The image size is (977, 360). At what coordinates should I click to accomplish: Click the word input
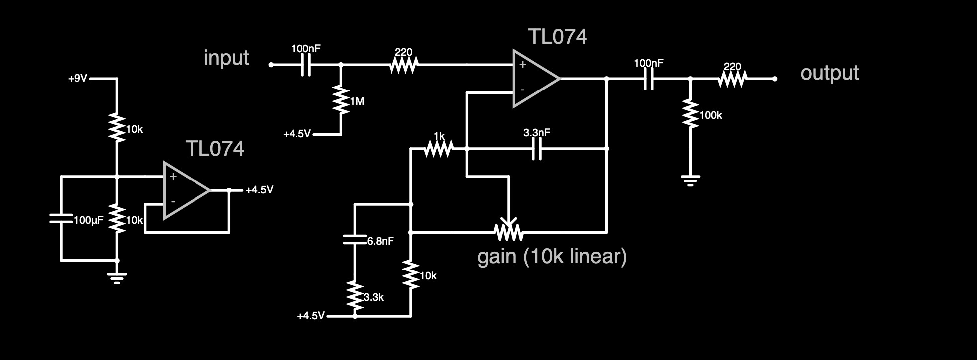click(226, 58)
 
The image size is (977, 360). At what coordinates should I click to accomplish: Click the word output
click(829, 73)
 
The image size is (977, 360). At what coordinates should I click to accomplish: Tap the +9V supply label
click(78, 78)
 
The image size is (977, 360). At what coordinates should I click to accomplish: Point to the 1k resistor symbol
click(439, 148)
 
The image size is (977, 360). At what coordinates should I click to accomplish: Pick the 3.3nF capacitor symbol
click(536, 148)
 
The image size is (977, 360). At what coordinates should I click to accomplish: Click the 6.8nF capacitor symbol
click(355, 240)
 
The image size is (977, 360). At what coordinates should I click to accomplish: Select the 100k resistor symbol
click(690, 114)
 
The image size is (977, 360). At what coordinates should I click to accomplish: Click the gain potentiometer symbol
click(508, 230)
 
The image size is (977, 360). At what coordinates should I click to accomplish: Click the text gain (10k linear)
click(552, 257)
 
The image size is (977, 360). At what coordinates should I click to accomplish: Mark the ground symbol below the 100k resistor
click(690, 180)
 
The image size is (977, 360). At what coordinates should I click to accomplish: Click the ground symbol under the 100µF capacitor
click(117, 278)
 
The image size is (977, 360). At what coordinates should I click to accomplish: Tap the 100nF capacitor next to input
click(306, 65)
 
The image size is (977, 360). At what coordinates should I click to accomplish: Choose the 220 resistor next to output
click(732, 79)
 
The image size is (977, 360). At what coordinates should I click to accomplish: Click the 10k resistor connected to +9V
click(117, 128)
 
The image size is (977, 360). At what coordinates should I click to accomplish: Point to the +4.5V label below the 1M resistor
click(296, 134)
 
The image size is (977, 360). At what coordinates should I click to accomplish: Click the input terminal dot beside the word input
click(271, 65)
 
